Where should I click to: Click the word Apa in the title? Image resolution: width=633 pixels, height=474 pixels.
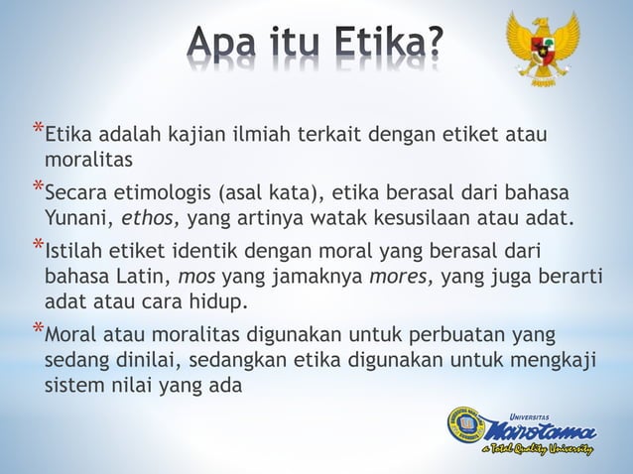click(222, 45)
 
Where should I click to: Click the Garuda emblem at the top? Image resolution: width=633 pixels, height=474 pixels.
click(542, 47)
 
